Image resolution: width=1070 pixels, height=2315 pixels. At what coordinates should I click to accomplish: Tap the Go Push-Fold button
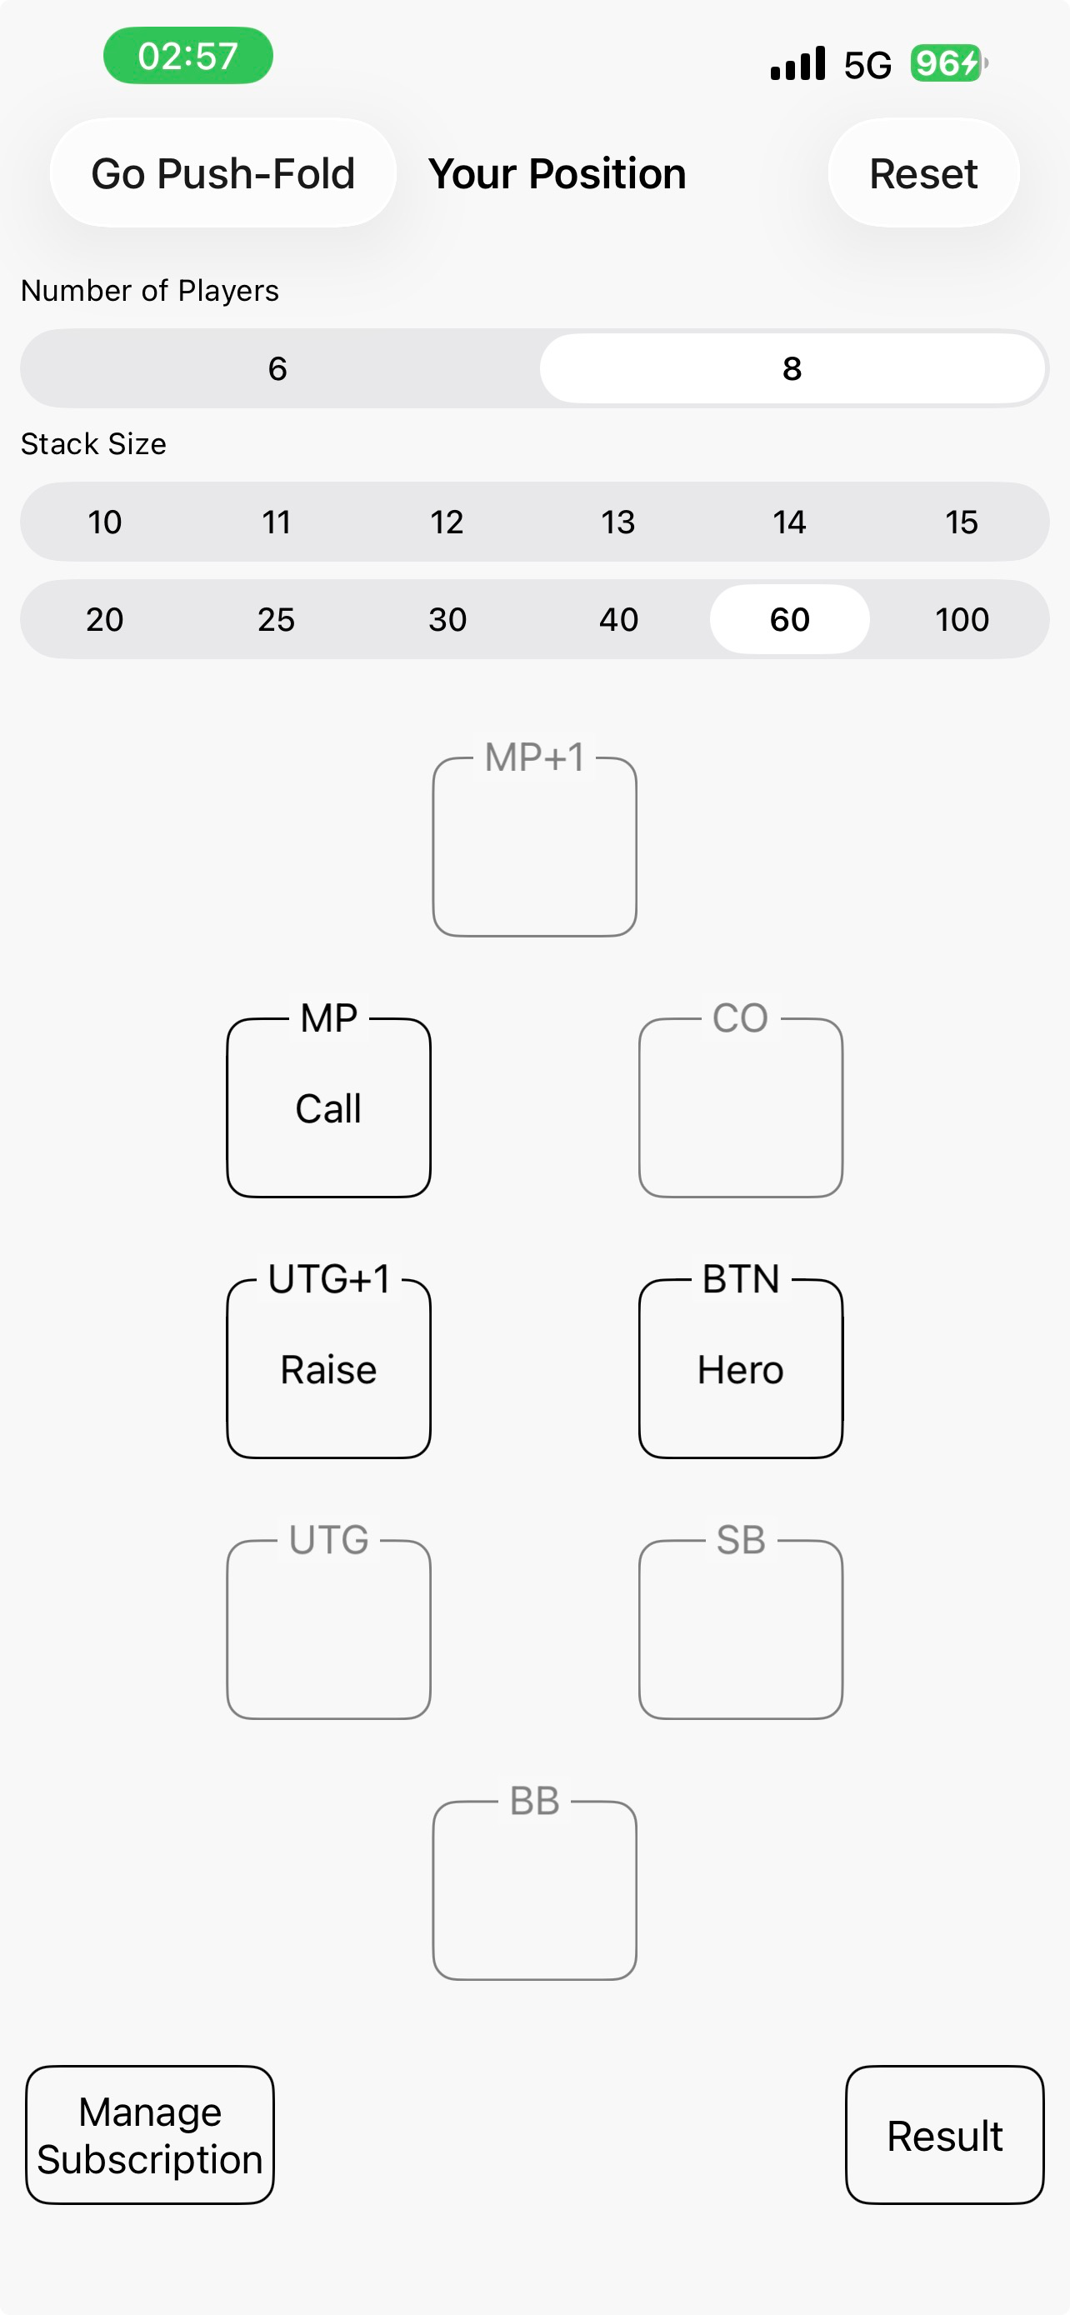tap(222, 172)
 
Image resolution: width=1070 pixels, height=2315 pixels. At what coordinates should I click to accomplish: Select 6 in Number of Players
tap(277, 368)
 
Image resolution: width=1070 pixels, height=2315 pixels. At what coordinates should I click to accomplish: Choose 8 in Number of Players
tap(792, 368)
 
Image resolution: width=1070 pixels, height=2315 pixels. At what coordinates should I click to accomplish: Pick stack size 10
tap(105, 522)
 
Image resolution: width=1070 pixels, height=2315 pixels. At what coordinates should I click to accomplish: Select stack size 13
tap(618, 522)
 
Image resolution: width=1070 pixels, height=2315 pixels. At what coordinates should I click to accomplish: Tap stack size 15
tap(962, 522)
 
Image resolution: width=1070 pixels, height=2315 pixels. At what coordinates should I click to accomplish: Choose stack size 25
tap(276, 619)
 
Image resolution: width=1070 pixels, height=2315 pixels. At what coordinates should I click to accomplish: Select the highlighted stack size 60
tap(790, 619)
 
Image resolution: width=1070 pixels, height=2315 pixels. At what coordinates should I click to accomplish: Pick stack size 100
tap(962, 619)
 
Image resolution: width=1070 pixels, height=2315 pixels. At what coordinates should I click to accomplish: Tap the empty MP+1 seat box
tap(534, 847)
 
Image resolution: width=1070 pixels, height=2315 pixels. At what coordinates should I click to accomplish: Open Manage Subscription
tap(150, 2135)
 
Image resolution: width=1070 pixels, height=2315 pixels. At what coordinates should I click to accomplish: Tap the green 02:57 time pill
tap(187, 56)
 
